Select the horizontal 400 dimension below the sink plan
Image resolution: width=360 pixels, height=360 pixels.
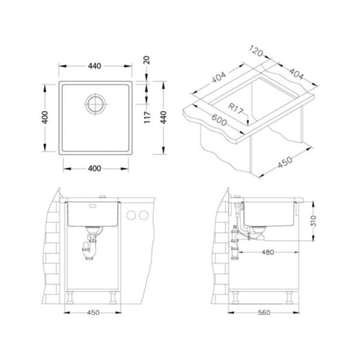(95, 169)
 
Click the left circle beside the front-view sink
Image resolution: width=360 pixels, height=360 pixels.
(131, 216)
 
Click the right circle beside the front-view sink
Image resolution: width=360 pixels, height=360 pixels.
(143, 216)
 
